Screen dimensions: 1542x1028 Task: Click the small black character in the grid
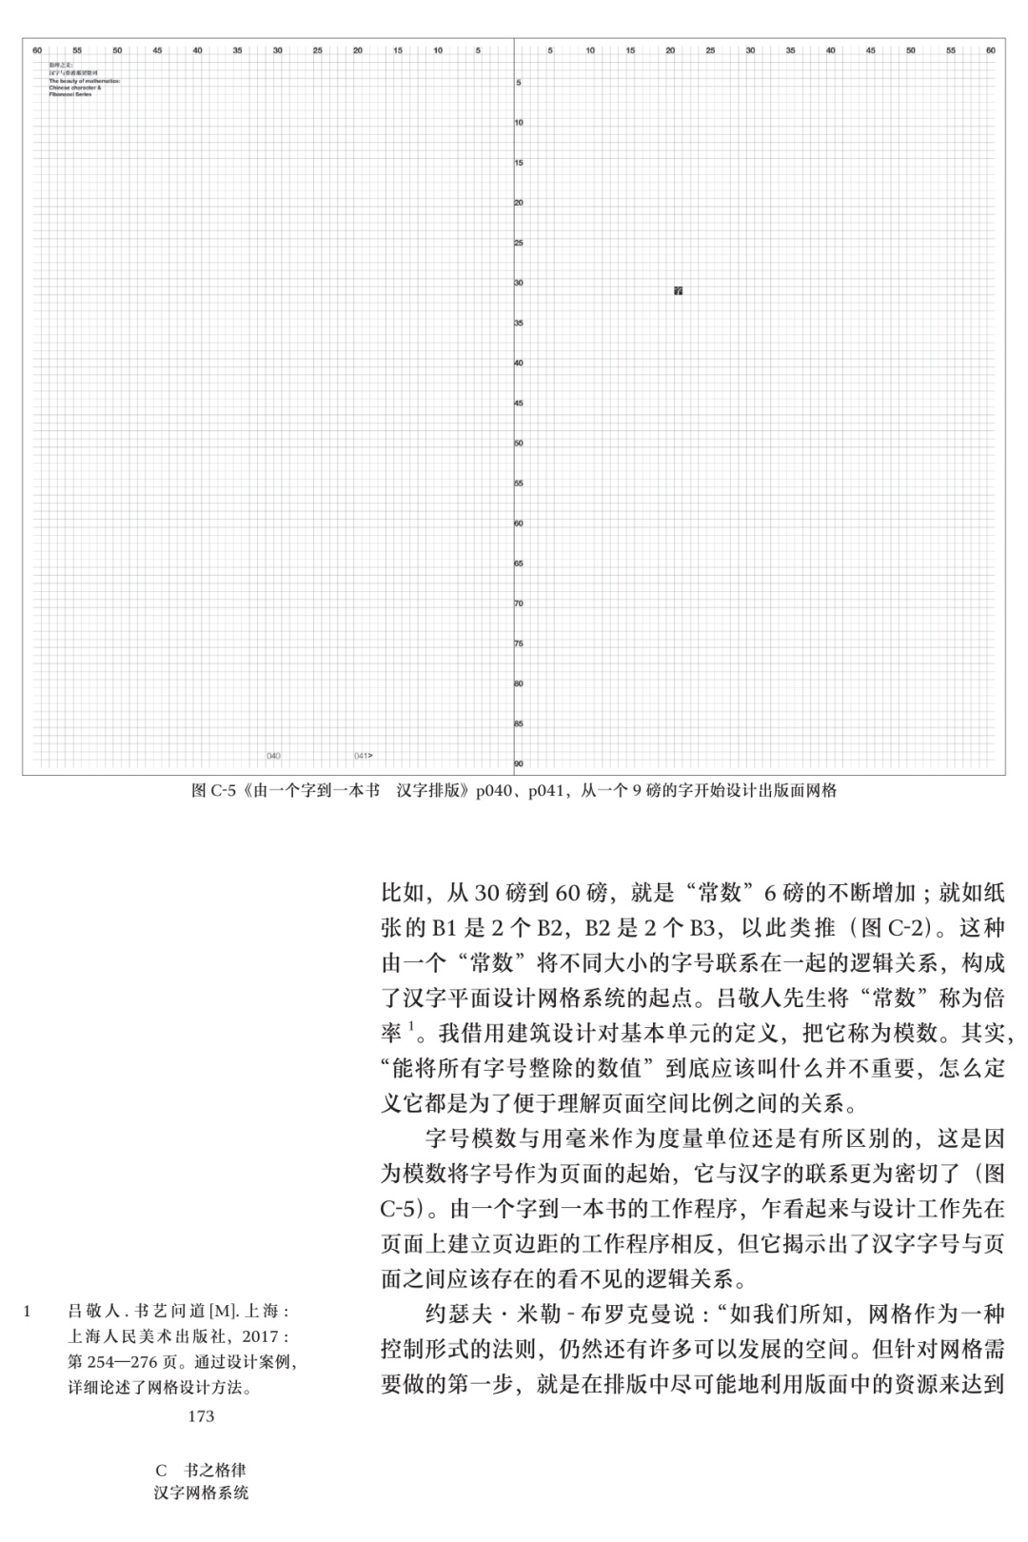(x=678, y=290)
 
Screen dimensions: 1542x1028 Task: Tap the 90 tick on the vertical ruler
(x=519, y=763)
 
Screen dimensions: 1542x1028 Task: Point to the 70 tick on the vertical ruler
(x=519, y=603)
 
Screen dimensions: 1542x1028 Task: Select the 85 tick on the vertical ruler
(x=519, y=723)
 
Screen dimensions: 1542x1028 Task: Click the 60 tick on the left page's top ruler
(x=37, y=49)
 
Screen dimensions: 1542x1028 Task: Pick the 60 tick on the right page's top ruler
(x=990, y=49)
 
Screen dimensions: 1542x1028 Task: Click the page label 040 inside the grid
(x=274, y=756)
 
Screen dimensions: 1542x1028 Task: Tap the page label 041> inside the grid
(x=363, y=756)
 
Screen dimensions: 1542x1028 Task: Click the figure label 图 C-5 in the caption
(x=213, y=790)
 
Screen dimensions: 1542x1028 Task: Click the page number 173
(x=201, y=1416)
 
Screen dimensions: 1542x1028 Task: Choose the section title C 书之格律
(x=201, y=1471)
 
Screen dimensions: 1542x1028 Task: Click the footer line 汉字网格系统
(x=201, y=1493)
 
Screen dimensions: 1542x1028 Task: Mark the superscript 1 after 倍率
(x=411, y=1025)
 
